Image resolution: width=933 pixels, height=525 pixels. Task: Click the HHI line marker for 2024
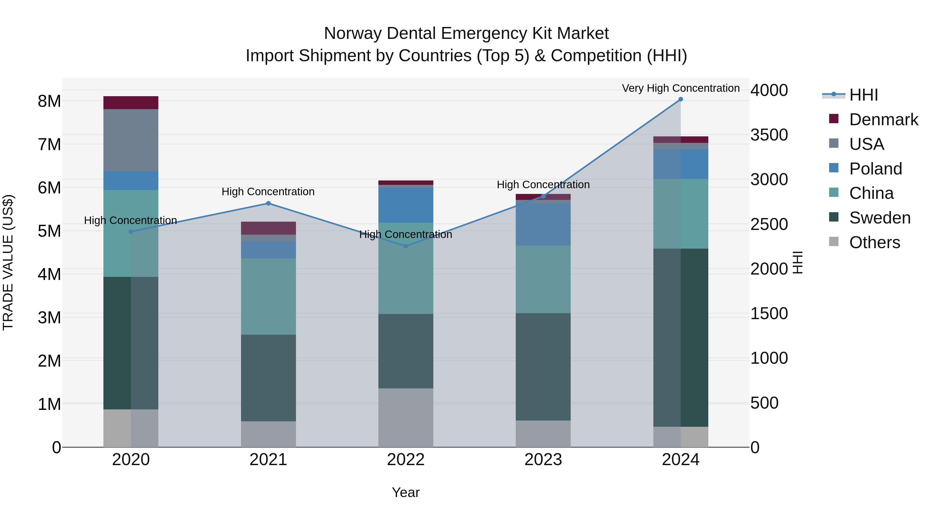click(x=681, y=99)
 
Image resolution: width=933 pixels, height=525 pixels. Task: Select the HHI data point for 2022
click(x=406, y=246)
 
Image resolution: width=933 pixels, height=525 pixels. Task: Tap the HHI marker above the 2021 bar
click(x=268, y=203)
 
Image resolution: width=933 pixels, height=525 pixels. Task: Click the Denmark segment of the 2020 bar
click(x=131, y=102)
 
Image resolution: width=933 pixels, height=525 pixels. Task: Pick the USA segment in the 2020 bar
click(x=131, y=140)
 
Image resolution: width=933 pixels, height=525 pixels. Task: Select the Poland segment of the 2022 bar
click(x=406, y=205)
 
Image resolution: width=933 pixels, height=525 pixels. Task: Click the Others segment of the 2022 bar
click(x=406, y=417)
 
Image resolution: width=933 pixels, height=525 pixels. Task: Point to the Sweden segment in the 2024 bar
click(x=681, y=337)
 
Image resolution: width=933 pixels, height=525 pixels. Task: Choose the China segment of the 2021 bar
click(x=268, y=296)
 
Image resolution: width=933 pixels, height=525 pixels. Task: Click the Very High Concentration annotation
click(x=681, y=88)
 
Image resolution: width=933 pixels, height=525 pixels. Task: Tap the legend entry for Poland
click(x=875, y=169)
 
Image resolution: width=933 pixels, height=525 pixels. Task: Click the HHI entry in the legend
click(x=864, y=95)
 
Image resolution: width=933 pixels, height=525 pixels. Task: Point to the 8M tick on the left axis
click(x=50, y=101)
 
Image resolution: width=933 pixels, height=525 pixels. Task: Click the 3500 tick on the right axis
click(x=769, y=135)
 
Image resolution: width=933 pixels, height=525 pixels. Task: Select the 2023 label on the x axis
click(x=543, y=460)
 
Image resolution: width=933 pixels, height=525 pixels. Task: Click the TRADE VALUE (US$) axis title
click(x=8, y=262)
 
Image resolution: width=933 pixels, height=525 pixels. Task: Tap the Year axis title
click(x=406, y=492)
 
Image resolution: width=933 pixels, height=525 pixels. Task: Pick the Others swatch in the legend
click(x=834, y=242)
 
